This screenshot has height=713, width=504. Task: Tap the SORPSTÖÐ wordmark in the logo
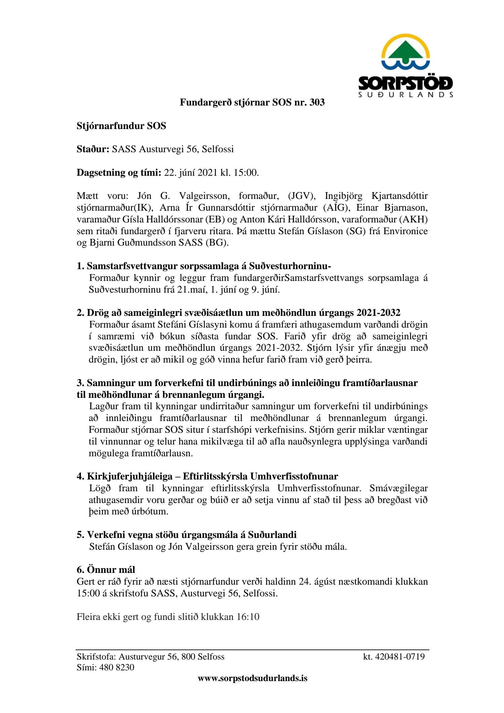[406, 83]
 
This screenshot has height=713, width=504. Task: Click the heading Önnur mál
[111, 570]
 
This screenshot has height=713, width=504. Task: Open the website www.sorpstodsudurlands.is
[252, 678]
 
